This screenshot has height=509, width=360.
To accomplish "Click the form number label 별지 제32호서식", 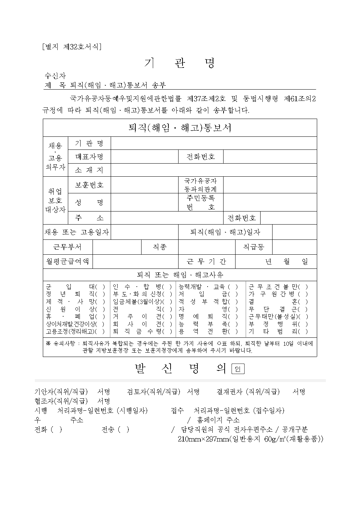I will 71,46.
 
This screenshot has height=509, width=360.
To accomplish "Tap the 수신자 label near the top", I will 55,76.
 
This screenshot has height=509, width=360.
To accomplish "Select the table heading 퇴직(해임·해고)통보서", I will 180,128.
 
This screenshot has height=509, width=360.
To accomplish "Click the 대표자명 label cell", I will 89,157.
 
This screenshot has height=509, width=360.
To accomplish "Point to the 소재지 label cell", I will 89,170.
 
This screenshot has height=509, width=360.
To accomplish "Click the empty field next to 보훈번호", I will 144,185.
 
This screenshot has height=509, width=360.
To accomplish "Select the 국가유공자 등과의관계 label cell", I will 200,185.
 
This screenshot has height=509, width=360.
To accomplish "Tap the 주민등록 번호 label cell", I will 200,202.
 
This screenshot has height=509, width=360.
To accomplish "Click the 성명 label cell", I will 89,202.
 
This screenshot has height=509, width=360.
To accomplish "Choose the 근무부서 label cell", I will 67,247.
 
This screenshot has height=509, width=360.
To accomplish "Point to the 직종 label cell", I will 159,247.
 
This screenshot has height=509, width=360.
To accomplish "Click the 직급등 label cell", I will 253,247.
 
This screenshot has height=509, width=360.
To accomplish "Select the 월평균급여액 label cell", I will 67,261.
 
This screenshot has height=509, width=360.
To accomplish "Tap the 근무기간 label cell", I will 206,261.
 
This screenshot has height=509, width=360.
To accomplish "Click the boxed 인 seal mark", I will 238,369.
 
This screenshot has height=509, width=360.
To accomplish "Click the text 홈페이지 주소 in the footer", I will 218,420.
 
